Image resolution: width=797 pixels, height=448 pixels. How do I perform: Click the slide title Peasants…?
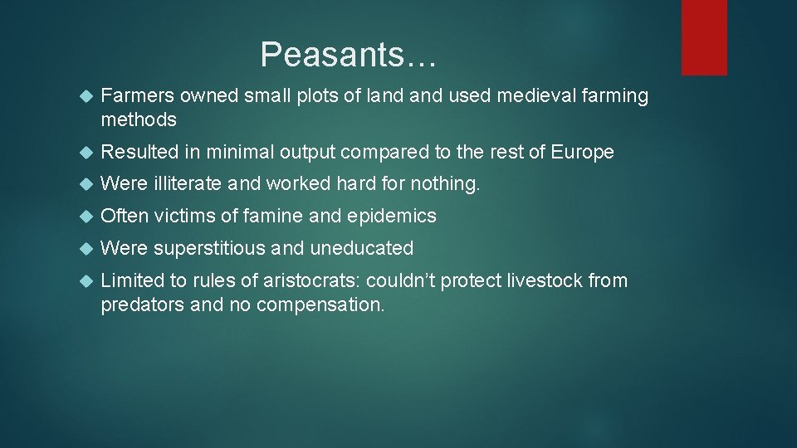pos(348,56)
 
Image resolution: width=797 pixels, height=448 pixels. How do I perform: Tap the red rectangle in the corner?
pos(704,37)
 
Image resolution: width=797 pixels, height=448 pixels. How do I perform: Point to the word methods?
pos(139,119)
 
